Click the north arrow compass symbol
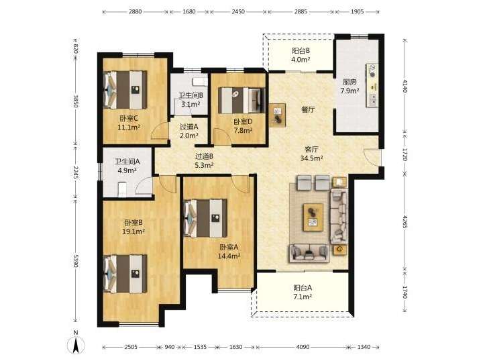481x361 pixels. click(76, 344)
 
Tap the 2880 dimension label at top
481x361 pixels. click(135, 11)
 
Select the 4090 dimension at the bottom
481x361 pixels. click(303, 347)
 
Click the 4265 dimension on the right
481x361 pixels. click(405, 221)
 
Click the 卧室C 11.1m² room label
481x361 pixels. click(129, 122)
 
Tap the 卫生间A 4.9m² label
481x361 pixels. click(127, 166)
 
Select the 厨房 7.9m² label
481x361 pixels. click(350, 86)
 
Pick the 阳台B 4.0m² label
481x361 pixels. click(301, 55)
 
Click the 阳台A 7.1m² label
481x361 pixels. click(303, 292)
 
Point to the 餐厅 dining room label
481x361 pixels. click(308, 109)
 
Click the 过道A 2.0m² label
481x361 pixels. click(189, 131)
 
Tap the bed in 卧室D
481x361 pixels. click(242, 100)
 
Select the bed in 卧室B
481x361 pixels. click(125, 274)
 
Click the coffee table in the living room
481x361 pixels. click(313, 217)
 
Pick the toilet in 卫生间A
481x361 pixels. click(122, 189)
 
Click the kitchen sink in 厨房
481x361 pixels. click(373, 99)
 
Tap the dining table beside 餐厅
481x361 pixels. click(278, 115)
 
